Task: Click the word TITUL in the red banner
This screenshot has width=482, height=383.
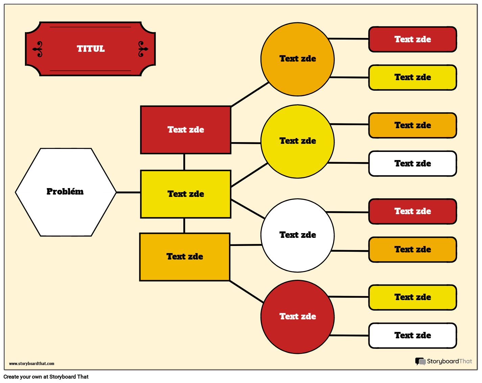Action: pyautogui.click(x=91, y=49)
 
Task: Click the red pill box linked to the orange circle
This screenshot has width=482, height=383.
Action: pyautogui.click(x=412, y=40)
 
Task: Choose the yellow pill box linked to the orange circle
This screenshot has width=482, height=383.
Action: pyautogui.click(x=412, y=77)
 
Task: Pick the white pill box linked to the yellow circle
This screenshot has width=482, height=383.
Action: pyautogui.click(x=412, y=164)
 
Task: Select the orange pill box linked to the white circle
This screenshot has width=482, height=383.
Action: pyautogui.click(x=412, y=250)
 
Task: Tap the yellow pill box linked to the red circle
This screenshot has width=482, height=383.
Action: pyautogui.click(x=412, y=297)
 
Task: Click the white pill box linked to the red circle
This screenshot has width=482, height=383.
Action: pyautogui.click(x=412, y=336)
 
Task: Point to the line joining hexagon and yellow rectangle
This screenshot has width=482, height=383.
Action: pyautogui.click(x=129, y=193)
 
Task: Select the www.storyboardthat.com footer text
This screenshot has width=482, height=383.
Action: pyautogui.click(x=31, y=364)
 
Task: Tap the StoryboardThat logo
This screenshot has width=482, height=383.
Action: pyautogui.click(x=443, y=361)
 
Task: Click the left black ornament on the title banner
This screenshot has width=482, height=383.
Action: pyautogui.click(x=39, y=49)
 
